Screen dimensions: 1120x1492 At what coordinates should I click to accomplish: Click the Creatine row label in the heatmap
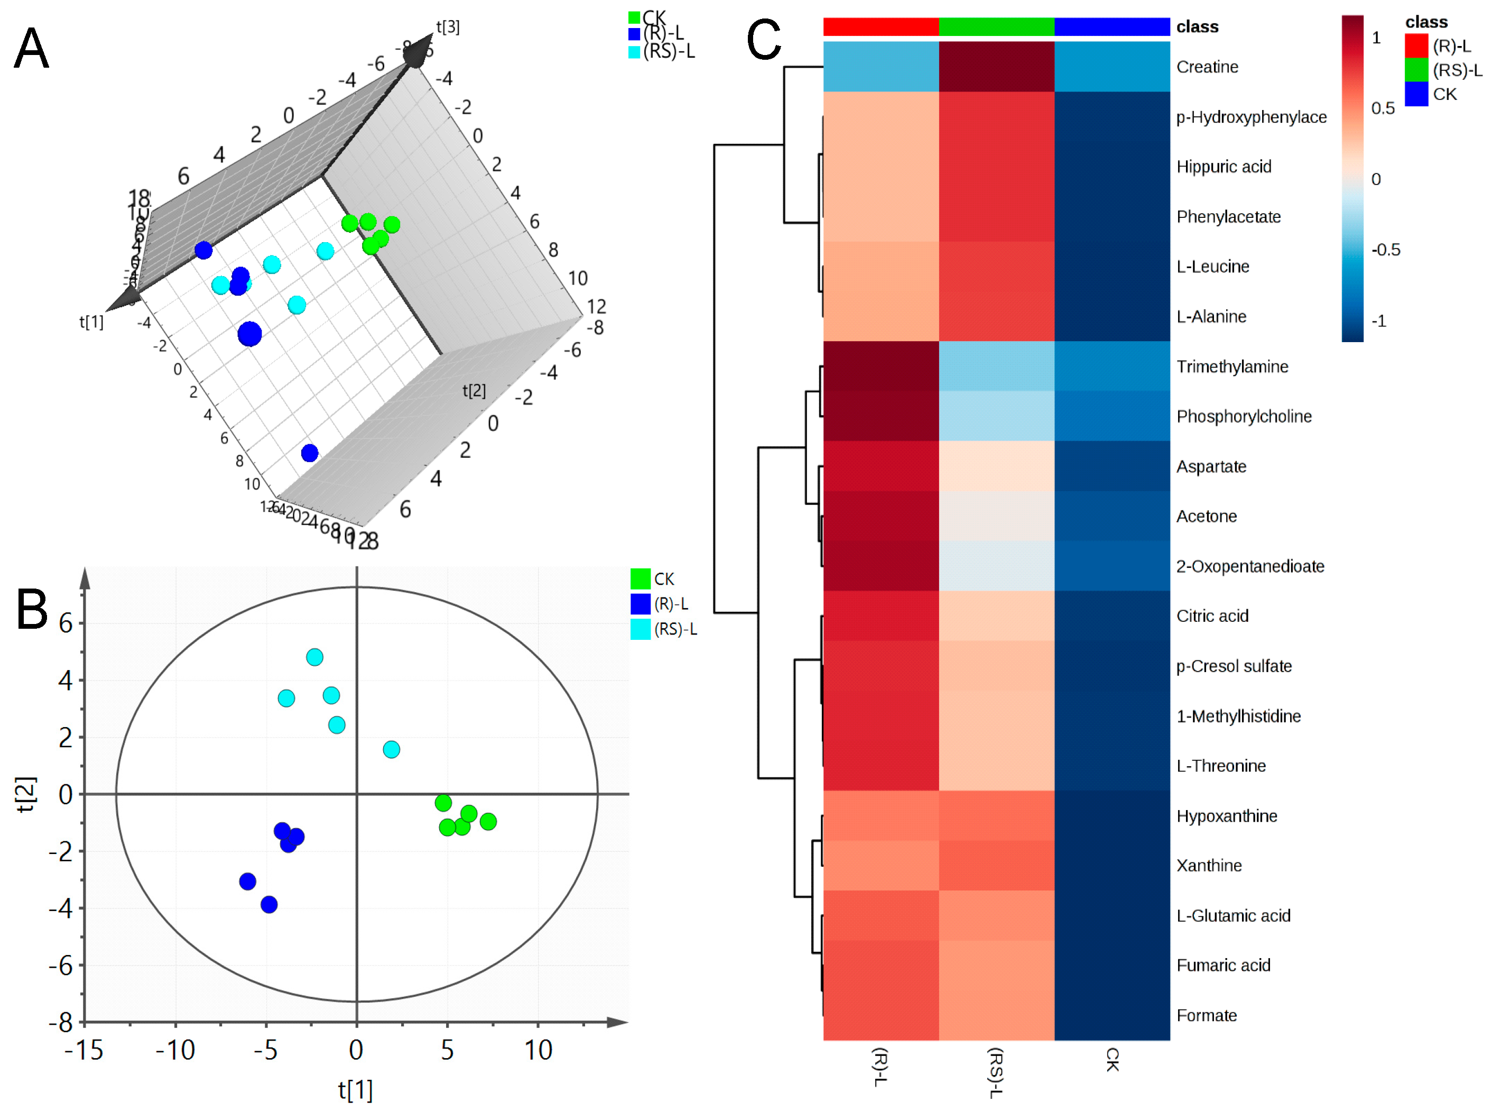pyautogui.click(x=1207, y=67)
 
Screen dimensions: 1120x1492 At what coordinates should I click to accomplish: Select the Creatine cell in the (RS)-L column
pyautogui.click(x=996, y=66)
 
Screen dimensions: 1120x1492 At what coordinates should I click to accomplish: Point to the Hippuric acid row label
pyautogui.click(x=1224, y=167)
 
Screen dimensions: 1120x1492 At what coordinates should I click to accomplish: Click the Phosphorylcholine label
pyautogui.click(x=1244, y=416)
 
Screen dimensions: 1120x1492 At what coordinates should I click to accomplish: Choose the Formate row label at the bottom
pyautogui.click(x=1206, y=1015)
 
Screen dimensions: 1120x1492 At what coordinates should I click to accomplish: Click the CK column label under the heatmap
pyautogui.click(x=1112, y=1059)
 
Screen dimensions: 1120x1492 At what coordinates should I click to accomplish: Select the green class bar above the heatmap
pyautogui.click(x=996, y=26)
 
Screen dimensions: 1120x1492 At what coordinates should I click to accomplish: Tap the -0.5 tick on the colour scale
pyautogui.click(x=1385, y=250)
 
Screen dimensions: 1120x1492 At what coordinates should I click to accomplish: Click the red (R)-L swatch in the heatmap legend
pyautogui.click(x=1416, y=46)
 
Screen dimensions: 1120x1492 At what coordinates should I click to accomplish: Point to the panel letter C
pyautogui.click(x=764, y=39)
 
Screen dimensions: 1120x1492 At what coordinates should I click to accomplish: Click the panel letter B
pyautogui.click(x=32, y=609)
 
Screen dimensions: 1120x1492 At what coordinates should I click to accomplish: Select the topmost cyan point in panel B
pyautogui.click(x=314, y=656)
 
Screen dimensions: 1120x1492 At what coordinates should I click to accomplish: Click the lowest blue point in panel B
pyautogui.click(x=269, y=904)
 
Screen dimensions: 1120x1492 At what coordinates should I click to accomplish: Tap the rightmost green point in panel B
pyautogui.click(x=488, y=821)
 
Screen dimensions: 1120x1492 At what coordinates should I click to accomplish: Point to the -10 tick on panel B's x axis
pyautogui.click(x=175, y=1050)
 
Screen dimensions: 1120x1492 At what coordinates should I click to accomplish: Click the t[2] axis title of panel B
pyautogui.click(x=25, y=794)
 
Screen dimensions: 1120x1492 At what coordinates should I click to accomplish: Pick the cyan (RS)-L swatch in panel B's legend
pyautogui.click(x=640, y=629)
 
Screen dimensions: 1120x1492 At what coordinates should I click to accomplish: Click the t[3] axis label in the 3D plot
pyautogui.click(x=448, y=27)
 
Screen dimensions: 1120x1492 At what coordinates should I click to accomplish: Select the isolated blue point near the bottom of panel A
pyautogui.click(x=310, y=453)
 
